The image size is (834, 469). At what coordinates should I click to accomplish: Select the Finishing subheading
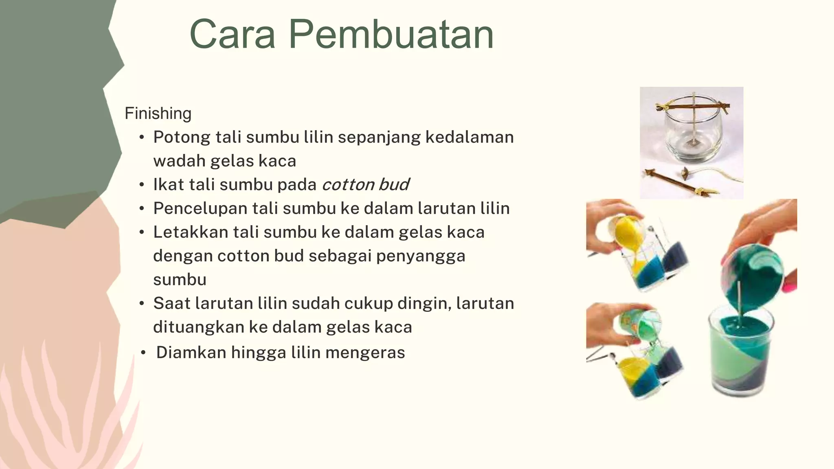coord(158,114)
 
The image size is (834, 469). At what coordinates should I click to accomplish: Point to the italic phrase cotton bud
coord(365,185)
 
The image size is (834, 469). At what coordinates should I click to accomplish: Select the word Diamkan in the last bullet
coord(191,353)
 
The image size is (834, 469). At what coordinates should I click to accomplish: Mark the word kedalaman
coord(470,137)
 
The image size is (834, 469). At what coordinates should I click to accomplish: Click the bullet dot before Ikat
coord(142,185)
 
